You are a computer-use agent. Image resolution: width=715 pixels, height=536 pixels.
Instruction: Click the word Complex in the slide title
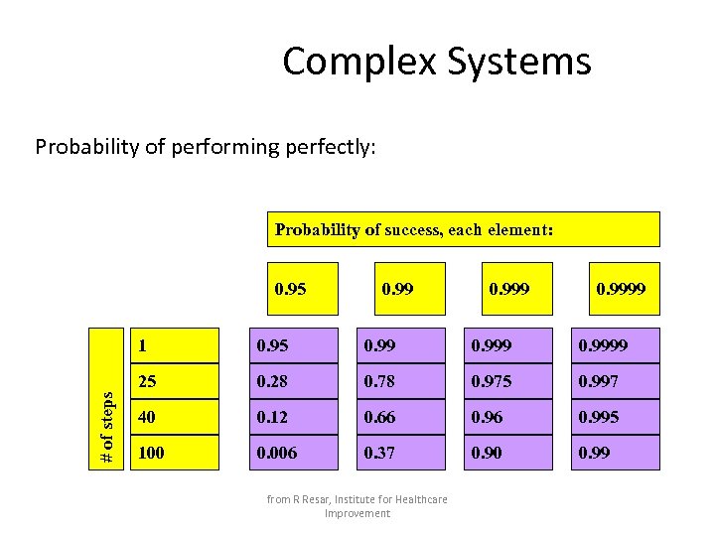tap(359, 62)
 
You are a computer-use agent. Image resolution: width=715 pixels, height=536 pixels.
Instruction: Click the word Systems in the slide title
tap(518, 62)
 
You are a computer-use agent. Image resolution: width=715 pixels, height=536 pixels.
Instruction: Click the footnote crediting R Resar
tap(357, 505)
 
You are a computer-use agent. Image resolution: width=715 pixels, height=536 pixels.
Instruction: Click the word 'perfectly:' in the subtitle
tap(330, 148)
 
